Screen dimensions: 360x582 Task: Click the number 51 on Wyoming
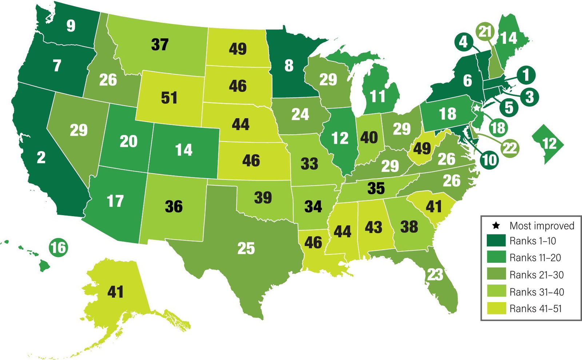169,98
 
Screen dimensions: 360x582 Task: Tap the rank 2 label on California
41,157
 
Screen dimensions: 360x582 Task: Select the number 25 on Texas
246,249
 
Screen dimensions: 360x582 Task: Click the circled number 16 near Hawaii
59,248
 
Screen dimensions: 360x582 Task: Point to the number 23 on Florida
435,275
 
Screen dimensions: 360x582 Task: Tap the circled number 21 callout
485,32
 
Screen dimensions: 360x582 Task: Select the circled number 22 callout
510,148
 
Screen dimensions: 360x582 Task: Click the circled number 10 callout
489,159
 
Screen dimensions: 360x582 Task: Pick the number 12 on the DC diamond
549,144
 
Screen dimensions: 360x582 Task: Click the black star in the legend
496,226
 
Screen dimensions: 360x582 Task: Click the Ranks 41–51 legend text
535,309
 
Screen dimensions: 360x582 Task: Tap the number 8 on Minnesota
289,66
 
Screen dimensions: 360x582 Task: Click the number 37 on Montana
160,44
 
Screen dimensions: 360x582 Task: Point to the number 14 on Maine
509,37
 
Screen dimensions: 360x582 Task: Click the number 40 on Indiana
369,138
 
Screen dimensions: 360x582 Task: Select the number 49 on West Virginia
422,148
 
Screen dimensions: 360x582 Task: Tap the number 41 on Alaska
115,292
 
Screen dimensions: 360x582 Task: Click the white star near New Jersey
476,108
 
